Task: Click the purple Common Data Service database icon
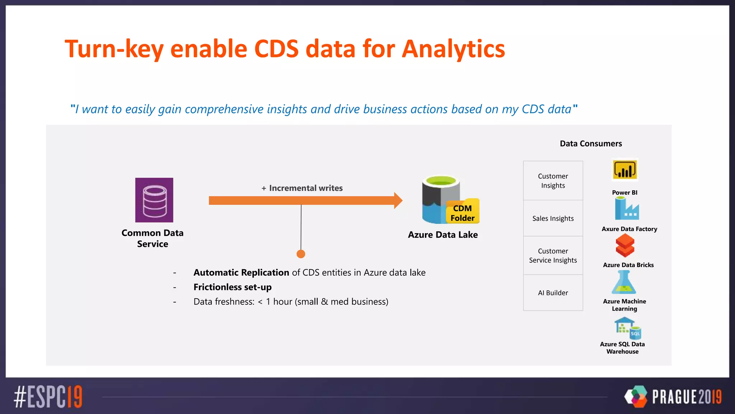click(154, 200)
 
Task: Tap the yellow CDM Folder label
click(463, 213)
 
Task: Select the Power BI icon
click(625, 170)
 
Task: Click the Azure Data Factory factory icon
click(627, 209)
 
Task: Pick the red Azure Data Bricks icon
click(625, 245)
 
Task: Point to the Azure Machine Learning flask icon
click(624, 282)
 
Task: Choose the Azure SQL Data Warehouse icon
click(628, 327)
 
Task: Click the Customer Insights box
click(553, 181)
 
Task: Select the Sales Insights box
click(553, 218)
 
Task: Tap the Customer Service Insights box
click(553, 256)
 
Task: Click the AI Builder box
click(553, 293)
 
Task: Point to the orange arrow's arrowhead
click(398, 201)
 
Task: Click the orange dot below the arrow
click(301, 254)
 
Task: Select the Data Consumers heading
click(591, 144)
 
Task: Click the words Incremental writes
click(306, 188)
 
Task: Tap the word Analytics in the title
click(453, 49)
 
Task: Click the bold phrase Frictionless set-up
click(233, 287)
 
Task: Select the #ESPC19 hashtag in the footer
click(48, 397)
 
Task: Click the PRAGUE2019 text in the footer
click(687, 397)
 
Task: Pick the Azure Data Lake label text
click(443, 235)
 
